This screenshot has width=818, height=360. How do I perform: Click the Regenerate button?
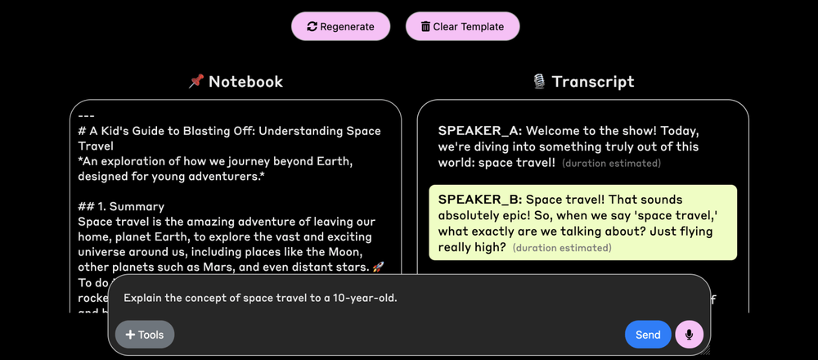tap(340, 26)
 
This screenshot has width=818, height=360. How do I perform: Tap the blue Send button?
tap(647, 335)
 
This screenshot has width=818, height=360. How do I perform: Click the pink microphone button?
tap(689, 335)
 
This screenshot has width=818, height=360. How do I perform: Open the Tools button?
tap(145, 335)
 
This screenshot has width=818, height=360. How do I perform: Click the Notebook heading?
tap(245, 82)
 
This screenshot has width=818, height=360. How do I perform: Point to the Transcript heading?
tap(593, 82)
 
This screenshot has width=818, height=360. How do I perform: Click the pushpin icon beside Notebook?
tap(196, 82)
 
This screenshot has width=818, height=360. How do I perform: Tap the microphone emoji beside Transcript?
tap(539, 82)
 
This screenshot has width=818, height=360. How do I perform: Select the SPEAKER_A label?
tap(479, 131)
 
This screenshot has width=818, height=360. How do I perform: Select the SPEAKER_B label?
tap(479, 200)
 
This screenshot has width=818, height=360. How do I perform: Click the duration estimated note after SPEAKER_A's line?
tap(611, 164)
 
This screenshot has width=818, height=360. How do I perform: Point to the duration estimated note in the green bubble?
tap(562, 248)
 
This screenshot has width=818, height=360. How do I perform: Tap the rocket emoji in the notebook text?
tap(378, 268)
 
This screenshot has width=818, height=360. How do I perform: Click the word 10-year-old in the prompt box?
tap(365, 298)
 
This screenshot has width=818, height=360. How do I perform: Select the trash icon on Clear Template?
tap(425, 26)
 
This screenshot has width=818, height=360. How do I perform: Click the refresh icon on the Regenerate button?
tap(312, 26)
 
